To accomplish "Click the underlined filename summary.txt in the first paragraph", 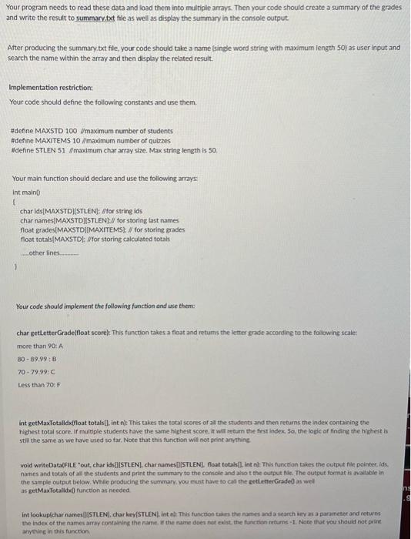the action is (95, 15).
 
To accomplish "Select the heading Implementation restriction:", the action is (51, 87).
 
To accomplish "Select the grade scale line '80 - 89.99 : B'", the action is (35, 360).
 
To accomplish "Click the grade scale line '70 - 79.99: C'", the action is (35, 372).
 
